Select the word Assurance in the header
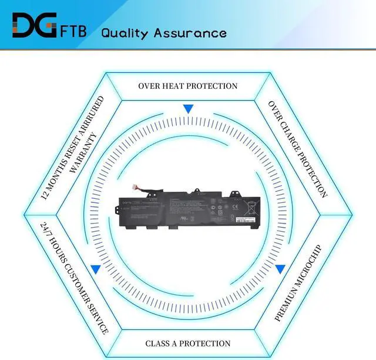tap(190, 32)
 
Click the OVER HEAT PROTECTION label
tap(188, 86)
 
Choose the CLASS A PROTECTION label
tap(188, 343)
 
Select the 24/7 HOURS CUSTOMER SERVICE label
tap(75, 277)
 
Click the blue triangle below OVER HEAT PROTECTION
tap(188, 109)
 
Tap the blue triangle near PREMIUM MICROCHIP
tap(281, 268)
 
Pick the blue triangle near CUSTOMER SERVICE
tap(95, 269)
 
